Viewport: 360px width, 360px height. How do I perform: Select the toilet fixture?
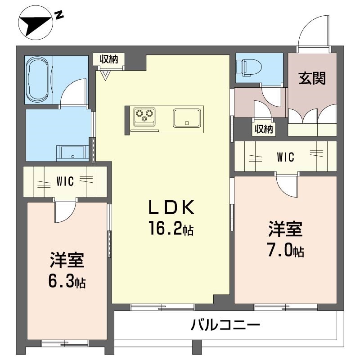pos(248,68)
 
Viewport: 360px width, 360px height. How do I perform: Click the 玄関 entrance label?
pos(312,78)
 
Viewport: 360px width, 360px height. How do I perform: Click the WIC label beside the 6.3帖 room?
pos(65,181)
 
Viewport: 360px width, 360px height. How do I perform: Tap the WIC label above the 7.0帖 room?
pos(285,157)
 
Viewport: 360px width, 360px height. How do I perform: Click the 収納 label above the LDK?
pos(108,59)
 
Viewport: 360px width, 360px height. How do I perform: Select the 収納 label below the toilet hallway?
pos(264,129)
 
